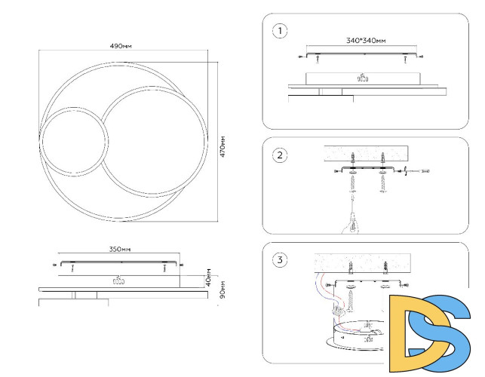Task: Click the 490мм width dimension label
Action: click(121, 46)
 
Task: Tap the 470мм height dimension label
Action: click(223, 146)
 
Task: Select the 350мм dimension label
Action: click(120, 249)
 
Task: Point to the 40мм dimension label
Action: click(208, 277)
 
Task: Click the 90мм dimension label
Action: click(223, 290)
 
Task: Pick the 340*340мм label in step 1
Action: click(366, 41)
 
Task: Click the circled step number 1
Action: click(280, 31)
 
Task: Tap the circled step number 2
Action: click(280, 155)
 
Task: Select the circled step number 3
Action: click(280, 260)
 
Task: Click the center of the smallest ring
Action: click(74, 142)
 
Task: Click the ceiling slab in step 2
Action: click(366, 154)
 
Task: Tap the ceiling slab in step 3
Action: click(363, 263)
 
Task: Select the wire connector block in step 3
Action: click(339, 310)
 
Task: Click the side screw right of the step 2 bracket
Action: click(416, 171)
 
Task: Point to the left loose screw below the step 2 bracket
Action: click(352, 183)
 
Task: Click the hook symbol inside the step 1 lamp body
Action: click(363, 78)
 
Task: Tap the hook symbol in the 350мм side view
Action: click(118, 280)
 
